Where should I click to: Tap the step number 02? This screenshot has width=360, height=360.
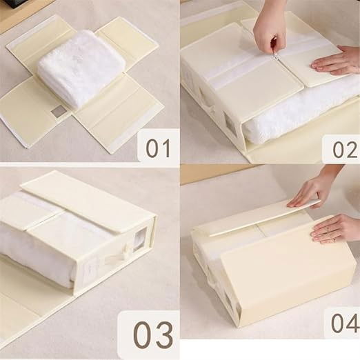341,147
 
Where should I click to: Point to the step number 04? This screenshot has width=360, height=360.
339,323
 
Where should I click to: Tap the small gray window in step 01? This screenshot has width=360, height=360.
59,110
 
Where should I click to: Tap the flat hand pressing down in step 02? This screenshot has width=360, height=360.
337,61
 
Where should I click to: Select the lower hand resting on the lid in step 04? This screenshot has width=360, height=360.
336,228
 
